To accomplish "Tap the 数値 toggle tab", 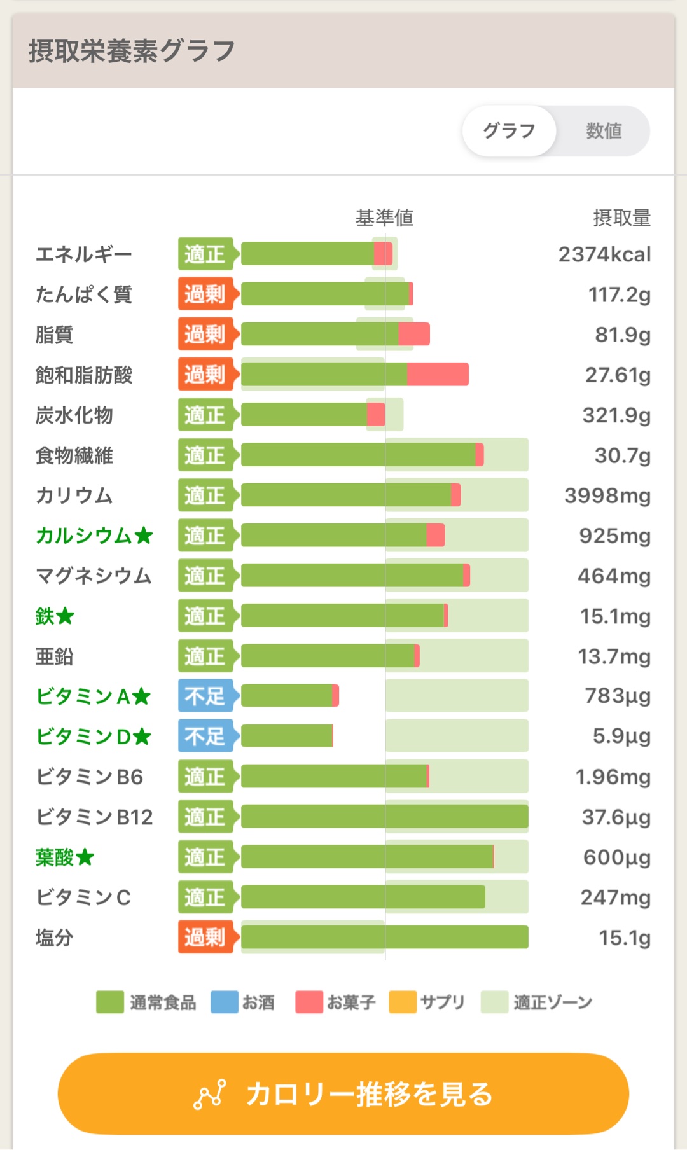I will (x=603, y=131).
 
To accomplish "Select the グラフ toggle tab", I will (x=509, y=131).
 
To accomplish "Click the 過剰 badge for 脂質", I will (x=205, y=334).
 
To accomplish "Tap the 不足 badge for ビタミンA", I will (x=205, y=696).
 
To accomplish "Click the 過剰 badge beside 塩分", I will (x=205, y=937).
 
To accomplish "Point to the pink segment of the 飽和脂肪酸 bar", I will (x=438, y=375).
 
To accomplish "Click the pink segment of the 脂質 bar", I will (x=414, y=334).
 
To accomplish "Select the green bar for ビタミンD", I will (x=287, y=736).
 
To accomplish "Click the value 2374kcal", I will (x=604, y=254).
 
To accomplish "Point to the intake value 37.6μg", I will (x=616, y=817).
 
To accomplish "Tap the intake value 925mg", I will (x=614, y=536).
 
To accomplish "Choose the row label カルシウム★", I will (x=94, y=536).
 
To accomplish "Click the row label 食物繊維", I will (x=74, y=455).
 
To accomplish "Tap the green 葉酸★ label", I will (x=64, y=857).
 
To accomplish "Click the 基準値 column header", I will (x=384, y=218).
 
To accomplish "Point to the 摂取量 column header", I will (x=621, y=218).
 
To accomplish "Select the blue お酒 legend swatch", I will (x=225, y=1002).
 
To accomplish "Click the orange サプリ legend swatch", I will (x=403, y=1002).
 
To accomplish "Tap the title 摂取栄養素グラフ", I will (x=132, y=51).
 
